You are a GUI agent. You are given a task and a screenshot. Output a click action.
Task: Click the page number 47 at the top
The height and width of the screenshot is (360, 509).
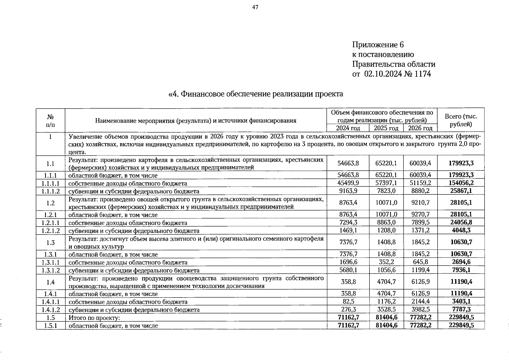pyautogui.click(x=255, y=7)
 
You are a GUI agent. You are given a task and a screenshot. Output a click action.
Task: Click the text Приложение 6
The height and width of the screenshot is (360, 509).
pyautogui.click(x=378, y=45)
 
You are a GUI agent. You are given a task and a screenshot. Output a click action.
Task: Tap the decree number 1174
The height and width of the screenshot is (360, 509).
pyautogui.click(x=422, y=74)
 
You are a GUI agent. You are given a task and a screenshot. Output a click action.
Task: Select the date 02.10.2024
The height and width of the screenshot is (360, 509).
pyautogui.click(x=383, y=74)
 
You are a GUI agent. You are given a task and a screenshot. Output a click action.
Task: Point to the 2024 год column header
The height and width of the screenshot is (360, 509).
pyautogui.click(x=348, y=128)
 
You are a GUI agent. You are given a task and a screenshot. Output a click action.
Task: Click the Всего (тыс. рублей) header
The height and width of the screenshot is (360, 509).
pyautogui.click(x=461, y=120)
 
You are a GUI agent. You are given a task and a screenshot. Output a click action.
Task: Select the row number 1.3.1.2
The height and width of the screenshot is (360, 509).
pyautogui.click(x=51, y=270)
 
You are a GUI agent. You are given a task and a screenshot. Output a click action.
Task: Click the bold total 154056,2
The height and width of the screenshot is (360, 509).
pyautogui.click(x=461, y=183)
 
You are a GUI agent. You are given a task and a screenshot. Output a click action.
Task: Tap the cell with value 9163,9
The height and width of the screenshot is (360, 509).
pyautogui.click(x=348, y=191)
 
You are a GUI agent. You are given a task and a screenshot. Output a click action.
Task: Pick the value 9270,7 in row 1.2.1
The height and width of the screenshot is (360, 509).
pyautogui.click(x=420, y=214)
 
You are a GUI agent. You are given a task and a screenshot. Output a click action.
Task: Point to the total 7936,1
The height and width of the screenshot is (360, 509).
pyautogui.click(x=461, y=270)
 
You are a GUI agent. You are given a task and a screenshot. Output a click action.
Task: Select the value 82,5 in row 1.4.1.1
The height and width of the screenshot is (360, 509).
pyautogui.click(x=348, y=301)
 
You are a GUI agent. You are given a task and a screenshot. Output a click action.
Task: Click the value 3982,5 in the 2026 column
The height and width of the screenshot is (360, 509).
pyautogui.click(x=420, y=309)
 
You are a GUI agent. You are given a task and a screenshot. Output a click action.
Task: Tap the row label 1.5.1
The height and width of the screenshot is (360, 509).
pyautogui.click(x=51, y=325)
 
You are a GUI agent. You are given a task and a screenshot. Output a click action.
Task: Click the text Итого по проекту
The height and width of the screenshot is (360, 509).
pyautogui.click(x=94, y=318)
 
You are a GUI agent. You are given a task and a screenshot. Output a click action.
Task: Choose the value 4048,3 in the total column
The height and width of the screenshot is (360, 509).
pyautogui.click(x=461, y=230)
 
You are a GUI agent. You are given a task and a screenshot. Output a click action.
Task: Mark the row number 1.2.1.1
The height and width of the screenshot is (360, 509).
pyautogui.click(x=51, y=223)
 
